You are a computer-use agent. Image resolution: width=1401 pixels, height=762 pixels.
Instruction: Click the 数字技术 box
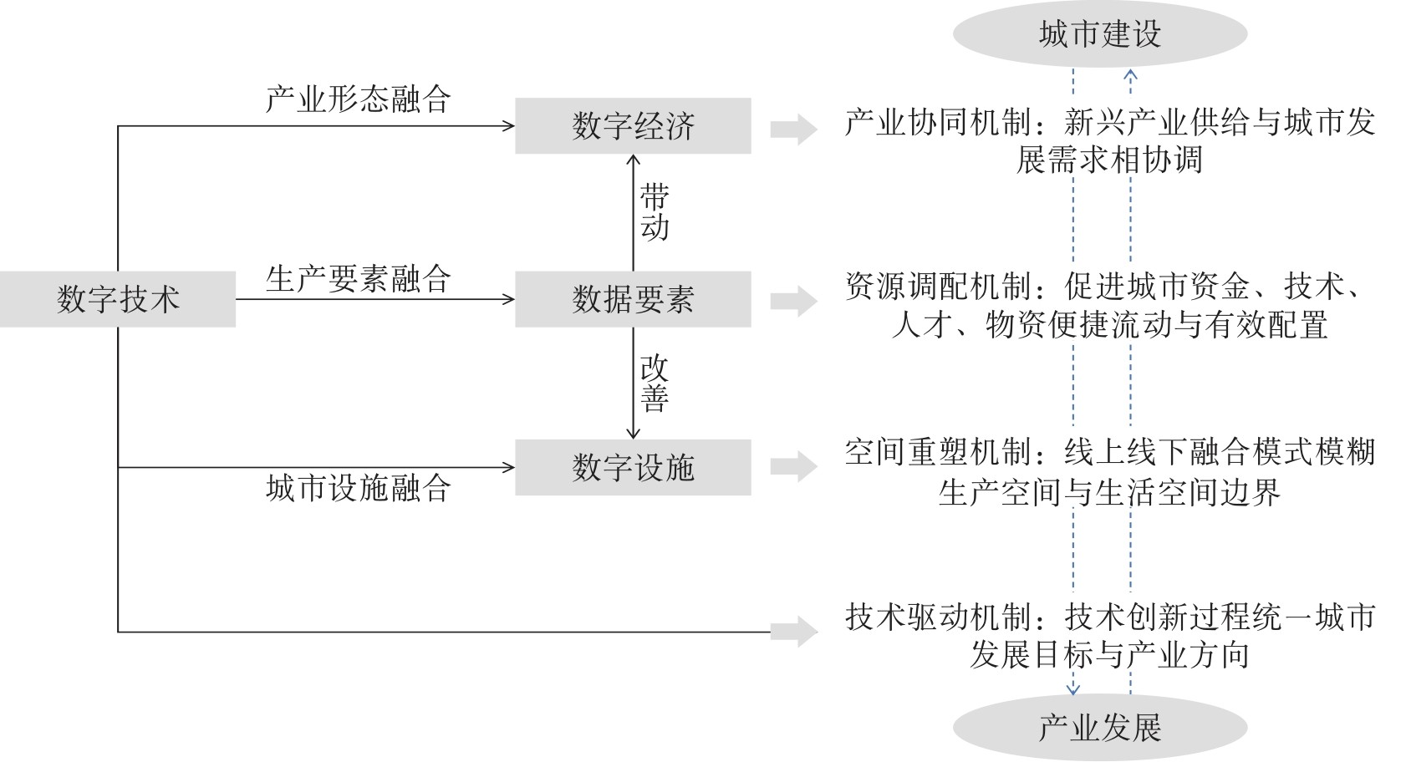[x=118, y=299]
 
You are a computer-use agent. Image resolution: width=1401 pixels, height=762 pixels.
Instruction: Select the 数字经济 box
[x=633, y=126]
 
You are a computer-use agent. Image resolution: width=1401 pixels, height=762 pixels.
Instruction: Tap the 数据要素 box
[x=633, y=299]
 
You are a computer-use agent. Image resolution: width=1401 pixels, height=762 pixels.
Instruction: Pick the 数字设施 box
[x=633, y=468]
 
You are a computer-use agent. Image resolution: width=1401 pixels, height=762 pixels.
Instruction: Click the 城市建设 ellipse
[x=1100, y=34]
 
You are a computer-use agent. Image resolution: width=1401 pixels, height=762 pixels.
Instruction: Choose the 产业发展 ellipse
[x=1100, y=728]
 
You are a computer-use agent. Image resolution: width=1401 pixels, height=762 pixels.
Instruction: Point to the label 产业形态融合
[x=359, y=99]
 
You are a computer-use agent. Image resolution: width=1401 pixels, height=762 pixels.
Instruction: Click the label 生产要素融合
[x=359, y=278]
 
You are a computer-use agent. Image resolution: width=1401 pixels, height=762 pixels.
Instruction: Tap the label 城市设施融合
[x=359, y=488]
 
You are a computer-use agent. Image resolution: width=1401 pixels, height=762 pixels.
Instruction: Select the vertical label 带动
[x=655, y=212]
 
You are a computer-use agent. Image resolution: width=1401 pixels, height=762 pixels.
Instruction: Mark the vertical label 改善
[x=655, y=383]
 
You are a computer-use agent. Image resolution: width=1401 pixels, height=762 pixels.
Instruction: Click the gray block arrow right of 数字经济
[x=793, y=129]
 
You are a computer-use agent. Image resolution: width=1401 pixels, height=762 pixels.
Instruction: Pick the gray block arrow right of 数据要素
[x=793, y=301]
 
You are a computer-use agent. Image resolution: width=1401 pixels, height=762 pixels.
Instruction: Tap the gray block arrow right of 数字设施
[x=793, y=467]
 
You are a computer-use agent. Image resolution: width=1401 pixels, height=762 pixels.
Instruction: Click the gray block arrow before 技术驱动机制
[x=793, y=632]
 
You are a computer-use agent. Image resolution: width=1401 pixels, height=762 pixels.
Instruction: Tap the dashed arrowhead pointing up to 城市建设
[x=1130, y=75]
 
